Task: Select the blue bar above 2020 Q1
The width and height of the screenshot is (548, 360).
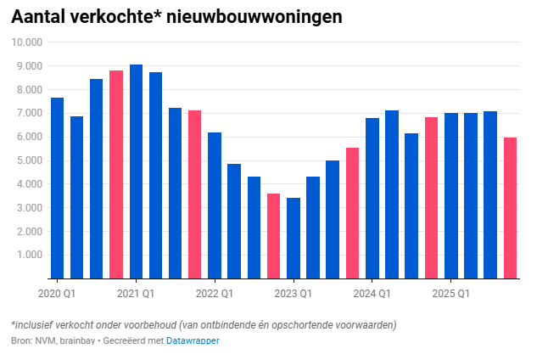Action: click(57, 188)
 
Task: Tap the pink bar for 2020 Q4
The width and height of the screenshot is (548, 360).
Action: click(116, 174)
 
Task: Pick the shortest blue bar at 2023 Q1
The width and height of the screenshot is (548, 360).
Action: click(294, 238)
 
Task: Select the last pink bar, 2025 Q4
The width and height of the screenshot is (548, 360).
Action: click(510, 208)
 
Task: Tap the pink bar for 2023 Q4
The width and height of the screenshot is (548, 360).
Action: click(352, 213)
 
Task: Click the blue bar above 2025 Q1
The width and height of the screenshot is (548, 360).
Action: click(451, 195)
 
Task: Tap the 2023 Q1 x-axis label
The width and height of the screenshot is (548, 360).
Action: click(294, 294)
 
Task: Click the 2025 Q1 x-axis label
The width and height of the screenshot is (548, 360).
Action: click(451, 294)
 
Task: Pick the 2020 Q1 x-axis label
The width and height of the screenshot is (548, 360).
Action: click(57, 294)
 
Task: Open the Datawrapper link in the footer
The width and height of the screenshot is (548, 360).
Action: click(193, 340)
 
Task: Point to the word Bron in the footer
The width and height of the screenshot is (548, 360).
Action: click(21, 340)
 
